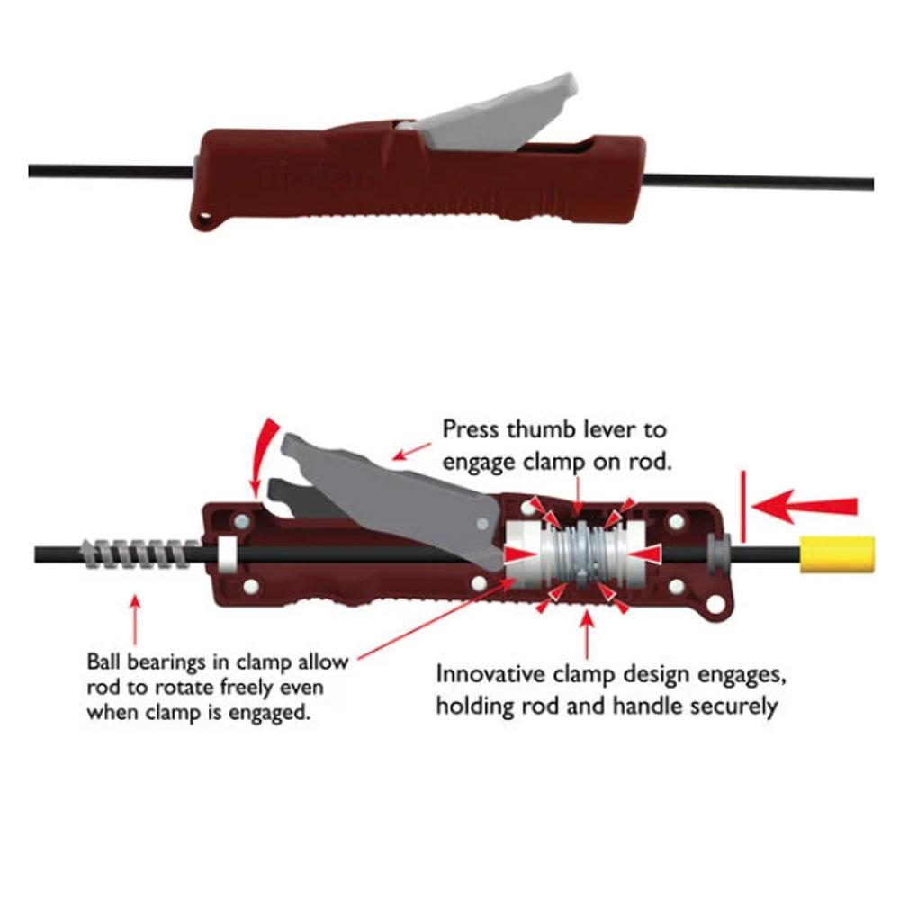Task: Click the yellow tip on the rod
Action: pyautogui.click(x=837, y=554)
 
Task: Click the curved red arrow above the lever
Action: pyautogui.click(x=263, y=456)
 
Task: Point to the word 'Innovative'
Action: pyautogui.click(x=491, y=674)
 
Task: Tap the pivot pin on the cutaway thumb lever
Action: pyautogui.click(x=482, y=523)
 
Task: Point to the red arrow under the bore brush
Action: pyautogui.click(x=135, y=620)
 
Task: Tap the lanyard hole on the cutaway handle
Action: pyautogui.click(x=715, y=604)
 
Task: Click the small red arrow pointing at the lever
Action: pyautogui.click(x=411, y=452)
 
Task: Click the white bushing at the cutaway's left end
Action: pyautogui.click(x=228, y=553)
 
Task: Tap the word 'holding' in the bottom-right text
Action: pyautogui.click(x=474, y=706)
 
